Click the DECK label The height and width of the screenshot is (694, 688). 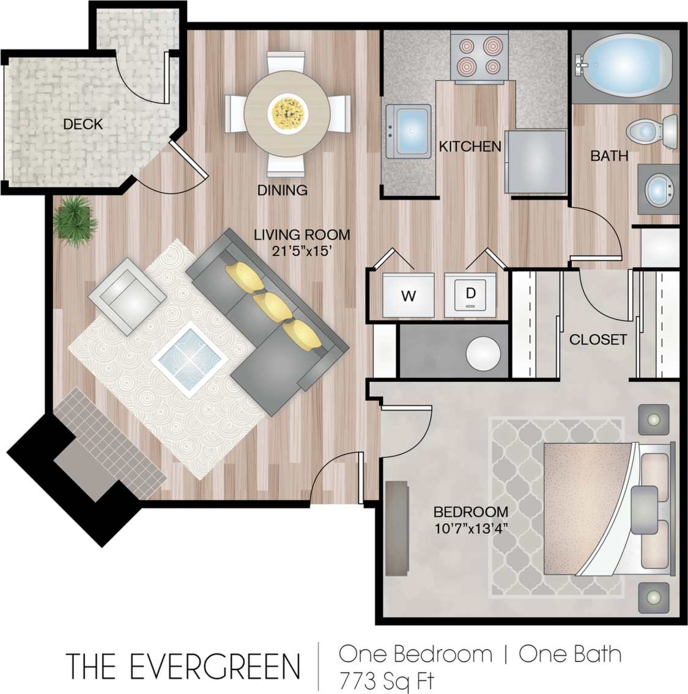83,124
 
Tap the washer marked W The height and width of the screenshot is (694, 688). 408,296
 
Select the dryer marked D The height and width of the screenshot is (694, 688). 470,295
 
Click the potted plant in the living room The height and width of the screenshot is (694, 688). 75,221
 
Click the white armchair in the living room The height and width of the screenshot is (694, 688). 127,295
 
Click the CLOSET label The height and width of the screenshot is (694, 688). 597,339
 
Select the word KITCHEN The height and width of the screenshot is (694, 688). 470,147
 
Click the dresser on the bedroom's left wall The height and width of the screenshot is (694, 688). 398,528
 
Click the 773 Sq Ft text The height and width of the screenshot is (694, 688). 387,679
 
